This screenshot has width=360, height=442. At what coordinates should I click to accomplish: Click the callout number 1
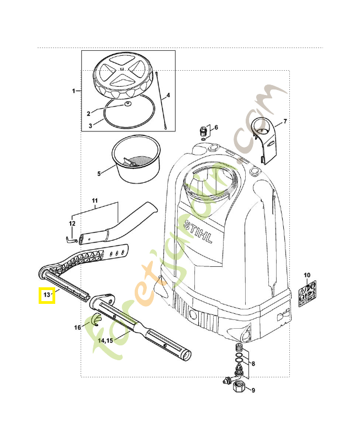(x=74, y=90)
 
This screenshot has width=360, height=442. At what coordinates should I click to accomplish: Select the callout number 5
(x=99, y=173)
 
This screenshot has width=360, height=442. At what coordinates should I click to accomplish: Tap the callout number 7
(x=285, y=121)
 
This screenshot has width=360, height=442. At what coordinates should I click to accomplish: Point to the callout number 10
(x=307, y=275)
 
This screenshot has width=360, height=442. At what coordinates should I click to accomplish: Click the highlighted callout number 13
(x=46, y=296)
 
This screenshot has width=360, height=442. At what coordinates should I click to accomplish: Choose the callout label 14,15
(x=105, y=341)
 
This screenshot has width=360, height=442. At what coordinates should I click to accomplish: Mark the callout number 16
(x=78, y=328)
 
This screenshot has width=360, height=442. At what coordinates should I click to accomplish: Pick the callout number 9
(x=253, y=391)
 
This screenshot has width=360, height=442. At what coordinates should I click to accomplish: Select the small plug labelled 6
(x=203, y=132)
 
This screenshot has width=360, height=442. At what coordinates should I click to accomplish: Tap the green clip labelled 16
(x=94, y=319)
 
